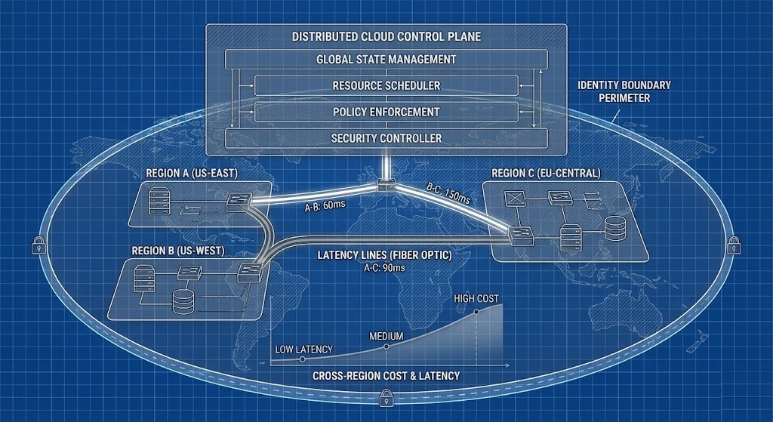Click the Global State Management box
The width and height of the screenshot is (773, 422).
pyautogui.click(x=386, y=59)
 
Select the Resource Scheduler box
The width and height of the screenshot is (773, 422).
pyautogui.click(x=386, y=85)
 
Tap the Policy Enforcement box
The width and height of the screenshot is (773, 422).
pyautogui.click(x=386, y=112)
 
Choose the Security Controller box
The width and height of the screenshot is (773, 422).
pyautogui.click(x=386, y=138)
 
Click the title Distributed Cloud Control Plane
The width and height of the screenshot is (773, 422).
pyautogui.click(x=386, y=36)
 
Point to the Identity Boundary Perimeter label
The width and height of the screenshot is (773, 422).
pyautogui.click(x=624, y=91)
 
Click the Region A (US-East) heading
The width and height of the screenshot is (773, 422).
pyautogui.click(x=185, y=174)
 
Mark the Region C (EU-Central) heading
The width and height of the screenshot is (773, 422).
pyautogui.click(x=546, y=174)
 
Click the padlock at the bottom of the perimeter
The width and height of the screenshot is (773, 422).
pyautogui.click(x=386, y=396)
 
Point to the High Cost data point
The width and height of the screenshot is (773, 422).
pyautogui.click(x=476, y=311)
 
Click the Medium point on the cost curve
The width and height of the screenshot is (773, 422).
pyautogui.click(x=386, y=347)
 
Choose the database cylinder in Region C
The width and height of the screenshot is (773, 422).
pyautogui.click(x=614, y=226)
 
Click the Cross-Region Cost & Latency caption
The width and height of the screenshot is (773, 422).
pyautogui.click(x=386, y=375)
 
